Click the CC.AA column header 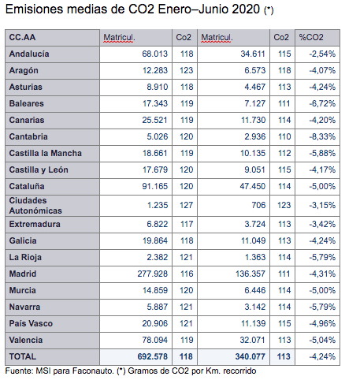(22, 37)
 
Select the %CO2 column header (311, 37)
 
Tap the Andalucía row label (29, 54)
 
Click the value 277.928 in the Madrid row (153, 274)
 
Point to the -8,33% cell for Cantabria (322, 136)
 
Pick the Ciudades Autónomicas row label (35, 206)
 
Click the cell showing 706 (258, 205)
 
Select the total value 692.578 (153, 356)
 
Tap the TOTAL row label (23, 356)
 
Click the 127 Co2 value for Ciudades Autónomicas (187, 205)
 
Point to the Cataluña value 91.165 (155, 186)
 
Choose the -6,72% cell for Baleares (322, 103)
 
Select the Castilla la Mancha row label (46, 153)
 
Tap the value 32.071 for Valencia (253, 340)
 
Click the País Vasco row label (31, 323)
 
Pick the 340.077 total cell (251, 356)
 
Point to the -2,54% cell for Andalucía (322, 54)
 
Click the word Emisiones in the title (35, 9)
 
